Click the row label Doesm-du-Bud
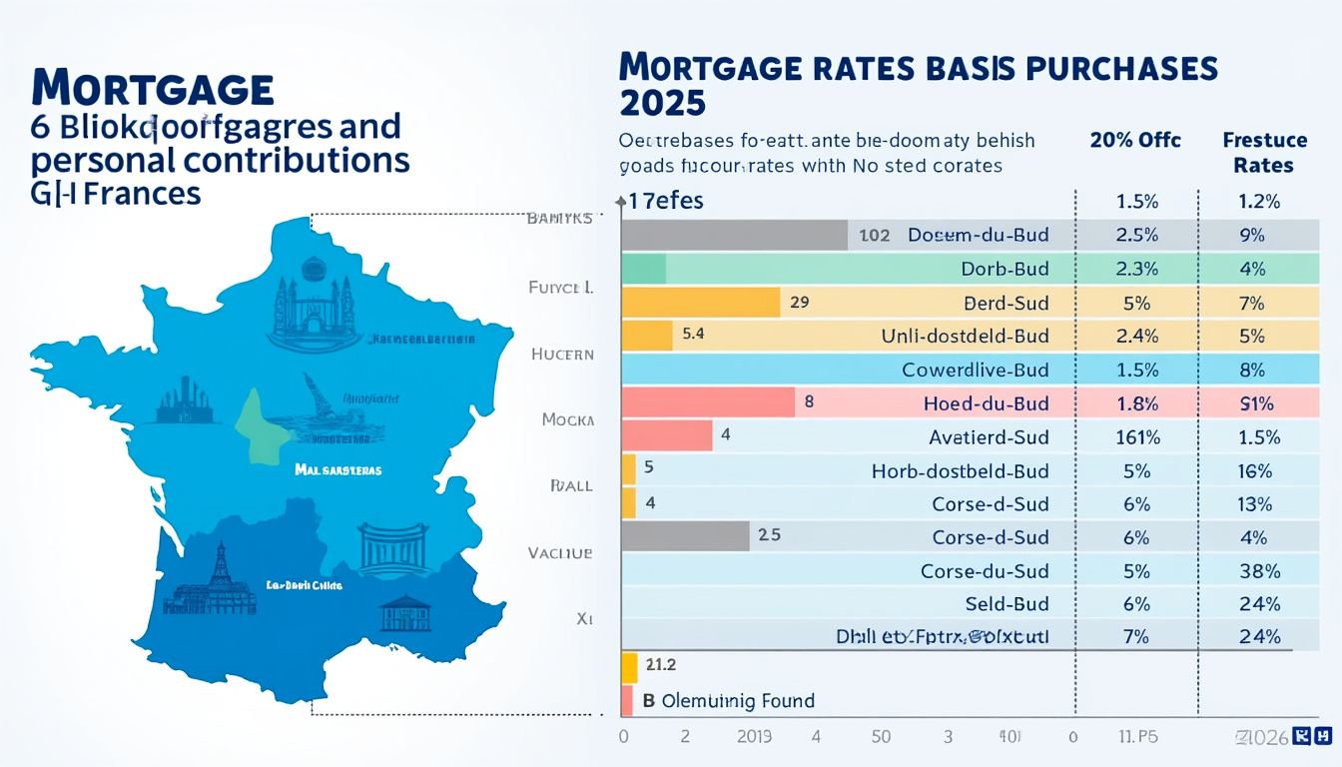click(978, 236)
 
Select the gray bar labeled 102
click(734, 236)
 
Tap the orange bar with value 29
click(700, 303)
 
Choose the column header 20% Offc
click(1135, 140)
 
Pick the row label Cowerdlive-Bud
click(975, 370)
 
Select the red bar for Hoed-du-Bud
click(708, 403)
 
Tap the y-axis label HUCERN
click(562, 354)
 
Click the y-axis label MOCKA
click(567, 420)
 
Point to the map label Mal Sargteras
click(337, 469)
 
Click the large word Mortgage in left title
click(153, 89)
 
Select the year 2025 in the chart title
click(662, 102)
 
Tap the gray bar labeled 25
click(685, 536)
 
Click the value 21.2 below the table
click(661, 665)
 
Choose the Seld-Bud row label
click(1006, 604)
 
